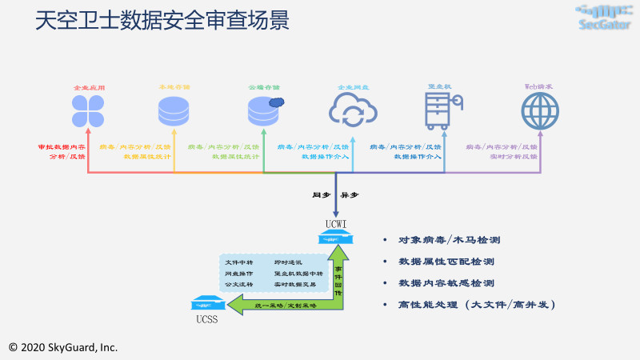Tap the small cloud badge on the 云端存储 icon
coord(277,102)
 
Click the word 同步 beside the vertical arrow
coord(321,194)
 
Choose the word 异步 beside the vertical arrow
coord(350,194)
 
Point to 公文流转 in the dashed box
coord(238,284)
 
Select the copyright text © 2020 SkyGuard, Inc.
coord(62,347)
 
